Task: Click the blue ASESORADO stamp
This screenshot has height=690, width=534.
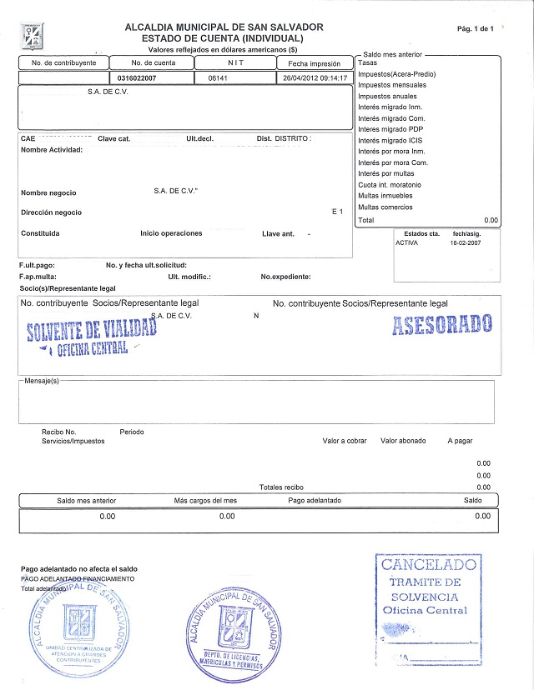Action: pyautogui.click(x=441, y=324)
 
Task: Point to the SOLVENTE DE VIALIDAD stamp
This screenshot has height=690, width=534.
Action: pyautogui.click(x=92, y=333)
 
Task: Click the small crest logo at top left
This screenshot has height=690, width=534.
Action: pyautogui.click(x=31, y=36)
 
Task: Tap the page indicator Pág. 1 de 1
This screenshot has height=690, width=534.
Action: pyautogui.click(x=476, y=29)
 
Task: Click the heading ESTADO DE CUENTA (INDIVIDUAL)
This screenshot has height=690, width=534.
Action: pyautogui.click(x=223, y=38)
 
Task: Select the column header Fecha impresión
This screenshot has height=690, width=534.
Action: pyautogui.click(x=314, y=63)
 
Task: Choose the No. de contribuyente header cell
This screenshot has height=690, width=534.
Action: pyautogui.click(x=64, y=63)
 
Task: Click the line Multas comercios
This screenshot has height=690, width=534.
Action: pyautogui.click(x=385, y=207)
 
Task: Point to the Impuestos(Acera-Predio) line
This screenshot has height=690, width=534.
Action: pyautogui.click(x=395, y=74)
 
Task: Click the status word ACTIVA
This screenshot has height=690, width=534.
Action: pyautogui.click(x=408, y=243)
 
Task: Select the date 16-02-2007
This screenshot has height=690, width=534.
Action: pyautogui.click(x=465, y=243)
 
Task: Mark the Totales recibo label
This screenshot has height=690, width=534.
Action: pyautogui.click(x=281, y=487)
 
